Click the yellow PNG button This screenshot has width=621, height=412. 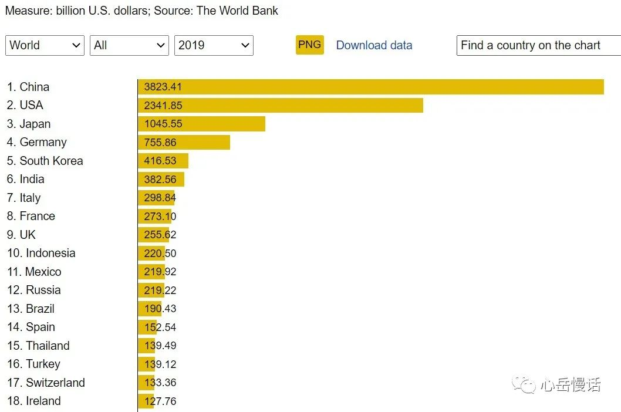pyautogui.click(x=309, y=45)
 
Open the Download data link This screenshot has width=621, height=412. pyautogui.click(x=374, y=45)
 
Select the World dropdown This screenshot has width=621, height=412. pyautogui.click(x=45, y=45)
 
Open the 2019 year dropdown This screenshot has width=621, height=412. pyautogui.click(x=214, y=45)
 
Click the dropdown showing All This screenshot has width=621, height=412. pyautogui.click(x=129, y=45)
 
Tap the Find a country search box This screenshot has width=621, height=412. pyautogui.click(x=538, y=45)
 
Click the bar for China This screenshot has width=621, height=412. pyautogui.click(x=371, y=87)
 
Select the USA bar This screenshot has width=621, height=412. pyautogui.click(x=281, y=105)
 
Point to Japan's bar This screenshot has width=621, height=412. pyautogui.click(x=201, y=124)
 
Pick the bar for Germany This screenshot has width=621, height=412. pyautogui.click(x=184, y=142)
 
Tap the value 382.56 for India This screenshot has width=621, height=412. pyautogui.click(x=160, y=179)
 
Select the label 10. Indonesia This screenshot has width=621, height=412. pyautogui.click(x=41, y=253)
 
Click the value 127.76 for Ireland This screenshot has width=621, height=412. pyautogui.click(x=160, y=401)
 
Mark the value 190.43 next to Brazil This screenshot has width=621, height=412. pyautogui.click(x=160, y=309)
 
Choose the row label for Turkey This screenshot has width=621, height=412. pyautogui.click(x=33, y=364)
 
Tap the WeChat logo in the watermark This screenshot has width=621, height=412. pyautogui.click(x=524, y=384)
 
